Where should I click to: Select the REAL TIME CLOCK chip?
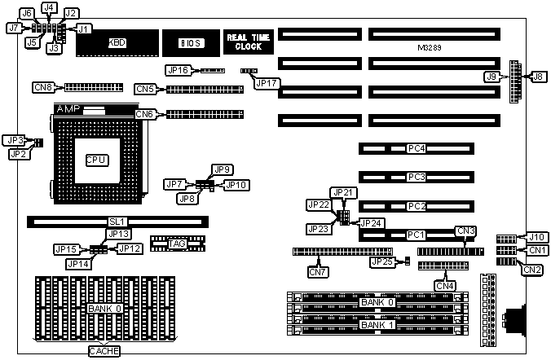coord(244,42)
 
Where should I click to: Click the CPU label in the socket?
coord(95,160)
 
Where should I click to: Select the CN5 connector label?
coord(146,89)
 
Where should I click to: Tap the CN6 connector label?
coord(146,114)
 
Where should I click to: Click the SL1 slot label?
coord(117,222)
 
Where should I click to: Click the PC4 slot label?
coord(417,149)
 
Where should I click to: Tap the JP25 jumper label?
coord(381,261)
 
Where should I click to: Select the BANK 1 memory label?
coord(377,325)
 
